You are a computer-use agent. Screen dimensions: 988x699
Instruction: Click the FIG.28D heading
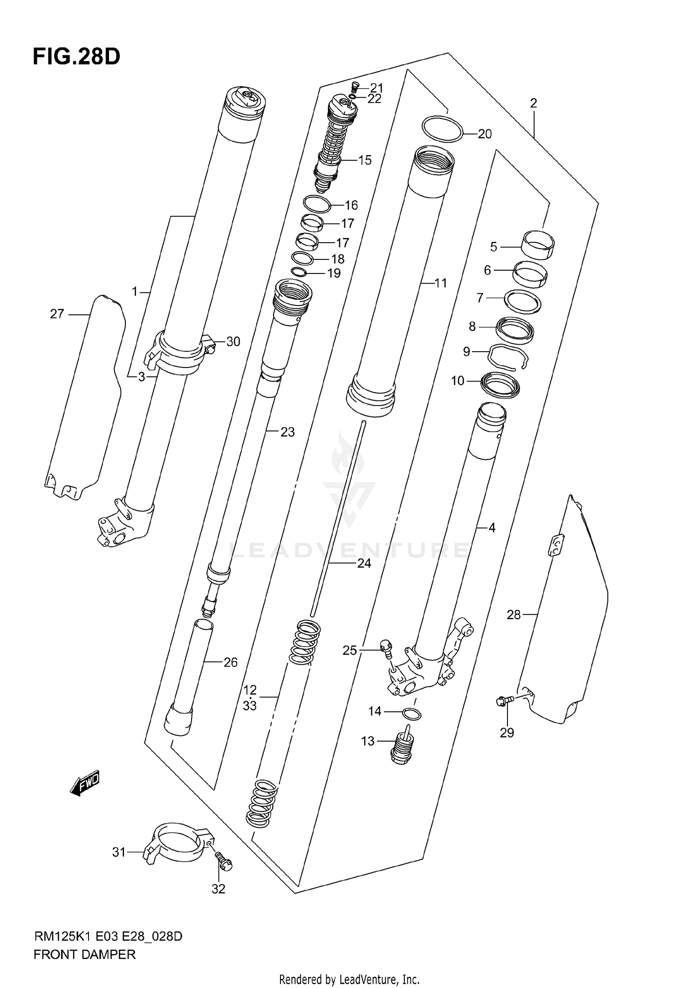(76, 57)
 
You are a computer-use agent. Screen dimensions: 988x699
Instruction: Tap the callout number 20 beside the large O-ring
(485, 134)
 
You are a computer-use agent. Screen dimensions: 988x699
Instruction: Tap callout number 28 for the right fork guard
(513, 615)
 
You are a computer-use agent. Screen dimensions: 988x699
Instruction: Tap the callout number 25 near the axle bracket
(349, 650)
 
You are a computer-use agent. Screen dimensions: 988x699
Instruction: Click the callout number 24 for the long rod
(364, 563)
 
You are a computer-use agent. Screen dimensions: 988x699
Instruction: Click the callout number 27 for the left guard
(57, 314)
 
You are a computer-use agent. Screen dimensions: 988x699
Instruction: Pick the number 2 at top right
(534, 103)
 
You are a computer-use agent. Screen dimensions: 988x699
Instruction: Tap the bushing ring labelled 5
(538, 244)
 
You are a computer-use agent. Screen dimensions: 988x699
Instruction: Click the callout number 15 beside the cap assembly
(364, 160)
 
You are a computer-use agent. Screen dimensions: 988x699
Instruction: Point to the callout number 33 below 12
(249, 706)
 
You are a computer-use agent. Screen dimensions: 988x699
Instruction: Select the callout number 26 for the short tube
(231, 662)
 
